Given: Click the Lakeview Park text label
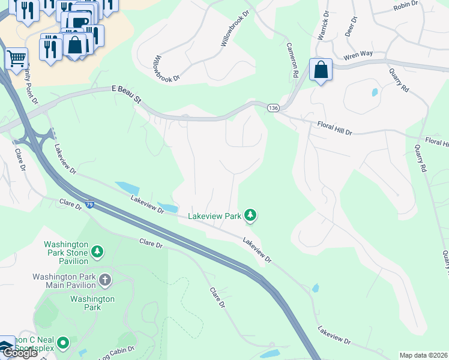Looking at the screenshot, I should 214,215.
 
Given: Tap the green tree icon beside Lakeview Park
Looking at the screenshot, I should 251,215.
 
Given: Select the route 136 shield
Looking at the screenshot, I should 274,107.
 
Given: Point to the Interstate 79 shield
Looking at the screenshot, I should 89,205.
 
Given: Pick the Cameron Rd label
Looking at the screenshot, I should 292,58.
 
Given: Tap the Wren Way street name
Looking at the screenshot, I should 358,55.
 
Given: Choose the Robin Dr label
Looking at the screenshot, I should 405,7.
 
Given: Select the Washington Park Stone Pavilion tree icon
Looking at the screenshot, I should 97,251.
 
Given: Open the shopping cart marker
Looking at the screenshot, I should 17,59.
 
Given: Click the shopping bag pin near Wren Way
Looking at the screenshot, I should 321,70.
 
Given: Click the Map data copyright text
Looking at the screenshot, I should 424,355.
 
